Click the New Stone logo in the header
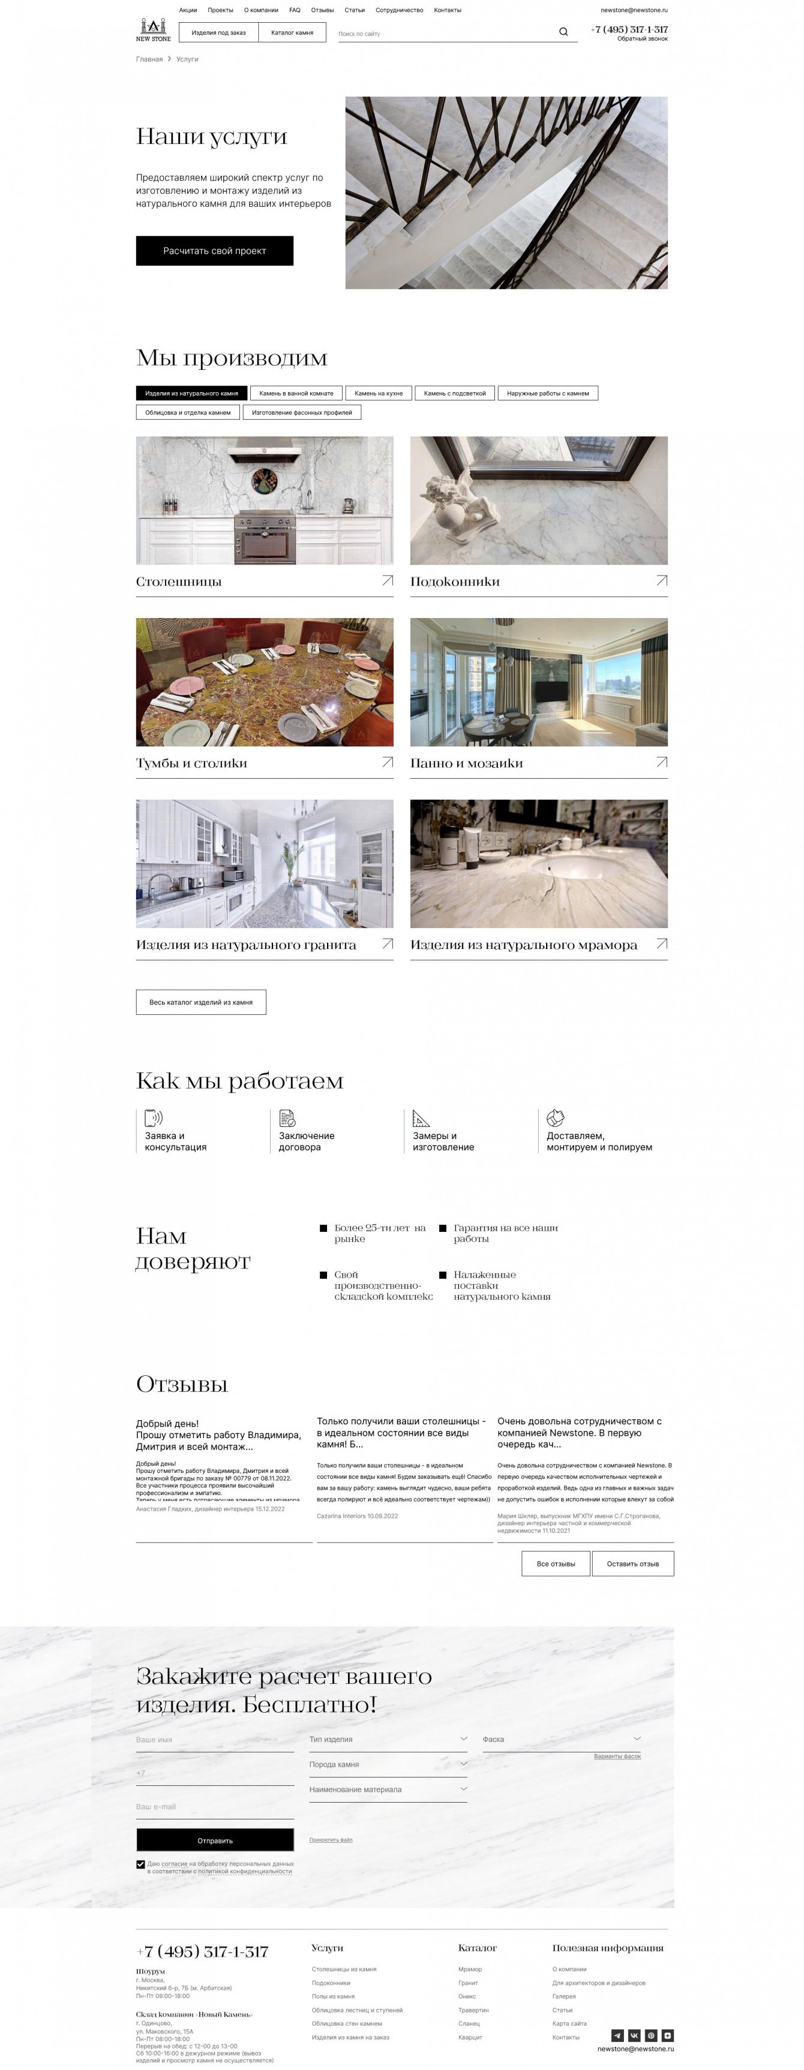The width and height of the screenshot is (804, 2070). point(153,30)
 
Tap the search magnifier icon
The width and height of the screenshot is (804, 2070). point(563,32)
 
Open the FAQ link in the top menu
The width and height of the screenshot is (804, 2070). point(294,10)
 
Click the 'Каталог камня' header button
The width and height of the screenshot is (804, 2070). point(292,33)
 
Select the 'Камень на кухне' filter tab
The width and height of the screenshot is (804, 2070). point(379,393)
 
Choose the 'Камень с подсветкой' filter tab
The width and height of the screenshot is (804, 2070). point(454,393)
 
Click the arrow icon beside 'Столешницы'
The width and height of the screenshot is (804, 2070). point(388,580)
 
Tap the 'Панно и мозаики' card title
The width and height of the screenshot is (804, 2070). point(466,763)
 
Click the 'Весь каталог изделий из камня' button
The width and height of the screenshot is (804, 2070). point(201,1002)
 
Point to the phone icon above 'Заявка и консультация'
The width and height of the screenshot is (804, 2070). point(153,1118)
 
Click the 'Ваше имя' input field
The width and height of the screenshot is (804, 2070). point(215,1740)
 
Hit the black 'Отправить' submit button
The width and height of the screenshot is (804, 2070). point(215,1840)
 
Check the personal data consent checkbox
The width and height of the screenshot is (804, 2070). point(140,1864)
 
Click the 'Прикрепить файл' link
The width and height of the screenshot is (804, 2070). point(331,1839)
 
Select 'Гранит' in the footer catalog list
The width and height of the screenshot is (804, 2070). point(468,1982)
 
